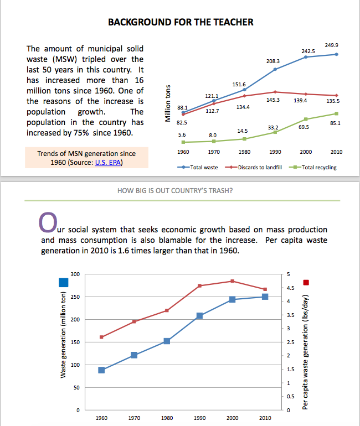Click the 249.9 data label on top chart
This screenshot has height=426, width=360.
click(332, 44)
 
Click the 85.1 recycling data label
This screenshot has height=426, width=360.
click(335, 123)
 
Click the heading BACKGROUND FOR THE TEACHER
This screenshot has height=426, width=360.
click(181, 22)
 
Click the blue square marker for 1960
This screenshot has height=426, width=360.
click(101, 370)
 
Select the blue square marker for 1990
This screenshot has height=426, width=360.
click(199, 315)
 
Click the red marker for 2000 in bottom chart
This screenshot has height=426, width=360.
click(232, 281)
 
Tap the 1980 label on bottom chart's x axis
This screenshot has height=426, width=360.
click(167, 418)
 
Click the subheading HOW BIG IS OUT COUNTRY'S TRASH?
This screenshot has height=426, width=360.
click(175, 191)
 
